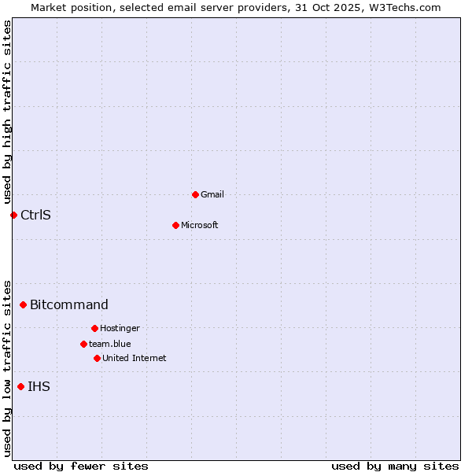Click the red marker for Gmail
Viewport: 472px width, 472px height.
(x=195, y=194)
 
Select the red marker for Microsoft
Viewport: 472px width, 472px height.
(x=175, y=225)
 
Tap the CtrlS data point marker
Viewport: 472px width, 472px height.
(x=13, y=215)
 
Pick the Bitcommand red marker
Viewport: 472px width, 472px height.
(x=23, y=304)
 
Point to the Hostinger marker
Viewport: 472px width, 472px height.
(x=94, y=328)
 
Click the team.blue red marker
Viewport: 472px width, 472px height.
(x=83, y=344)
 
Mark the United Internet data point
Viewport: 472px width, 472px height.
(x=97, y=358)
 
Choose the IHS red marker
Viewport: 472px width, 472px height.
(x=20, y=386)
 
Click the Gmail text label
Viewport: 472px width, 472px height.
(x=212, y=194)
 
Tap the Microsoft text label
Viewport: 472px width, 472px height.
(x=200, y=225)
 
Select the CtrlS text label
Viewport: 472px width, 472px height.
(x=35, y=215)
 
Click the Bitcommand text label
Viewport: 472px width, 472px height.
(x=69, y=304)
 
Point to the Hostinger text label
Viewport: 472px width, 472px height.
(x=120, y=328)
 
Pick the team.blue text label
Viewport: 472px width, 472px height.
(x=110, y=344)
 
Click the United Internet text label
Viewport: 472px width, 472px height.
(x=135, y=358)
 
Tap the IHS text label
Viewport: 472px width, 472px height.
(x=39, y=386)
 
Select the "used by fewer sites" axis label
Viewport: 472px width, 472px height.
(x=81, y=466)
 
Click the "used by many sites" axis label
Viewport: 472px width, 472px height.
(x=395, y=466)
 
